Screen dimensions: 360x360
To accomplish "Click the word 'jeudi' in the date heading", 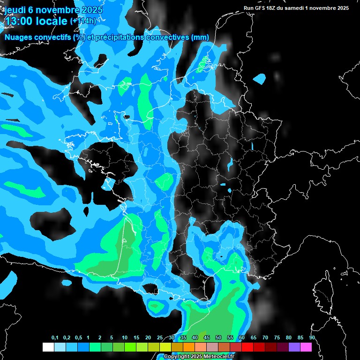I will (15, 10).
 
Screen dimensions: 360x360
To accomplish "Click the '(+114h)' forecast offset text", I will (83, 21).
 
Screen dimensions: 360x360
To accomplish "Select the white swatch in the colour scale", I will (48, 347).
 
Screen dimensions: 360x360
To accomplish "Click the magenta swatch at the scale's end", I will (306, 347).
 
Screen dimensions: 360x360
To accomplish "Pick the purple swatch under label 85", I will (294, 347).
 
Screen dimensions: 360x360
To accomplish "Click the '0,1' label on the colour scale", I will (55, 337).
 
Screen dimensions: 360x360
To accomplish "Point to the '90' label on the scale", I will (312, 337).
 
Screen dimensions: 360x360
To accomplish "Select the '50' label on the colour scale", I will (218, 337).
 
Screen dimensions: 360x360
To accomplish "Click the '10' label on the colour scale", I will (125, 337).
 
